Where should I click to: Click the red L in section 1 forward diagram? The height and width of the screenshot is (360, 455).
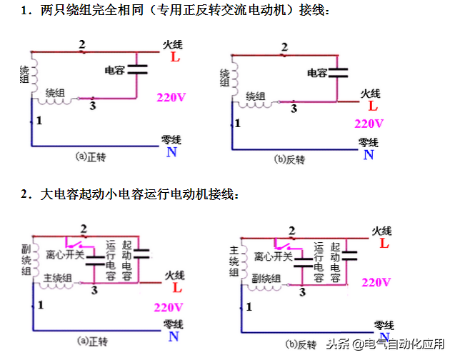click(174, 57)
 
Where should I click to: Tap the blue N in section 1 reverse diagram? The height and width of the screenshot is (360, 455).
click(368, 154)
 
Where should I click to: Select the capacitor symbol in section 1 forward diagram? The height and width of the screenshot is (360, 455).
click(137, 70)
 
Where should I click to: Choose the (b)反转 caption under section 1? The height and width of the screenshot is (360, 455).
click(289, 158)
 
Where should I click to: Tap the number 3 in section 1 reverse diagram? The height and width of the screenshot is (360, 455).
click(293, 109)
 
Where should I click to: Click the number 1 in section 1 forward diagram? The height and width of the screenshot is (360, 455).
click(39, 121)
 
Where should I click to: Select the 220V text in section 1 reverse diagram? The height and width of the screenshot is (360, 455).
click(369, 123)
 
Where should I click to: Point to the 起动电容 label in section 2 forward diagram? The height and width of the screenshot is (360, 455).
click(127, 261)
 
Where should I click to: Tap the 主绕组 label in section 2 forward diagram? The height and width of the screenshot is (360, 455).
click(58, 278)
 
